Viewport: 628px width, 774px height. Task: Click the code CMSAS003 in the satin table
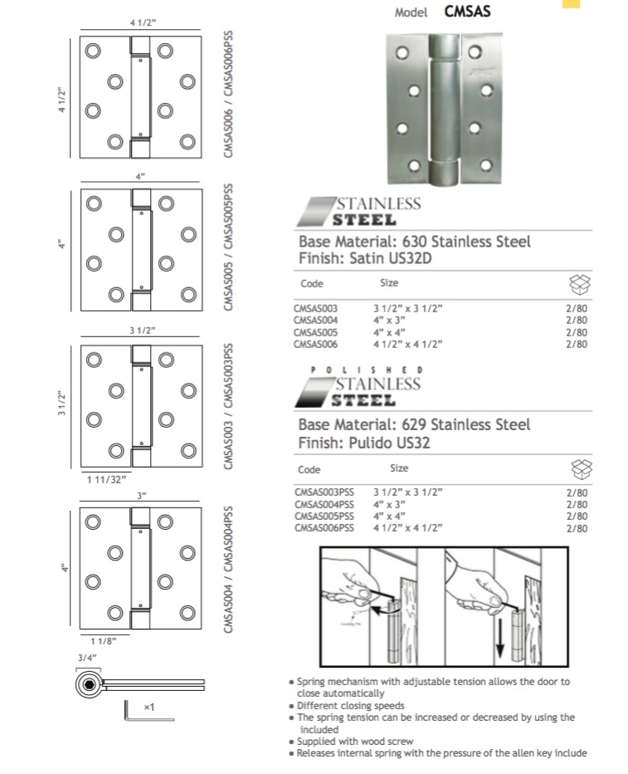(x=315, y=308)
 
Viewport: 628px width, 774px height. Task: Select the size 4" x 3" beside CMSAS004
(x=390, y=320)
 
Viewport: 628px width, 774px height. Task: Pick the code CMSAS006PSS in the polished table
(x=324, y=527)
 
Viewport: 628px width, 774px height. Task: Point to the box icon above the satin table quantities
(x=578, y=285)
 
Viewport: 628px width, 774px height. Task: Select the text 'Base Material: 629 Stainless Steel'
(x=414, y=424)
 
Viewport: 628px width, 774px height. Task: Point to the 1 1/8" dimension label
(x=104, y=640)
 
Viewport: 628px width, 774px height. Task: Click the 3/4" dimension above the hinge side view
(x=88, y=657)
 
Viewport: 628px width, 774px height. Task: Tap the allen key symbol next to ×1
(x=129, y=710)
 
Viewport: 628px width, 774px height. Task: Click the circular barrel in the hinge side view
(x=87, y=684)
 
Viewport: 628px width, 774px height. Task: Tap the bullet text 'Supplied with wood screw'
(x=355, y=741)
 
